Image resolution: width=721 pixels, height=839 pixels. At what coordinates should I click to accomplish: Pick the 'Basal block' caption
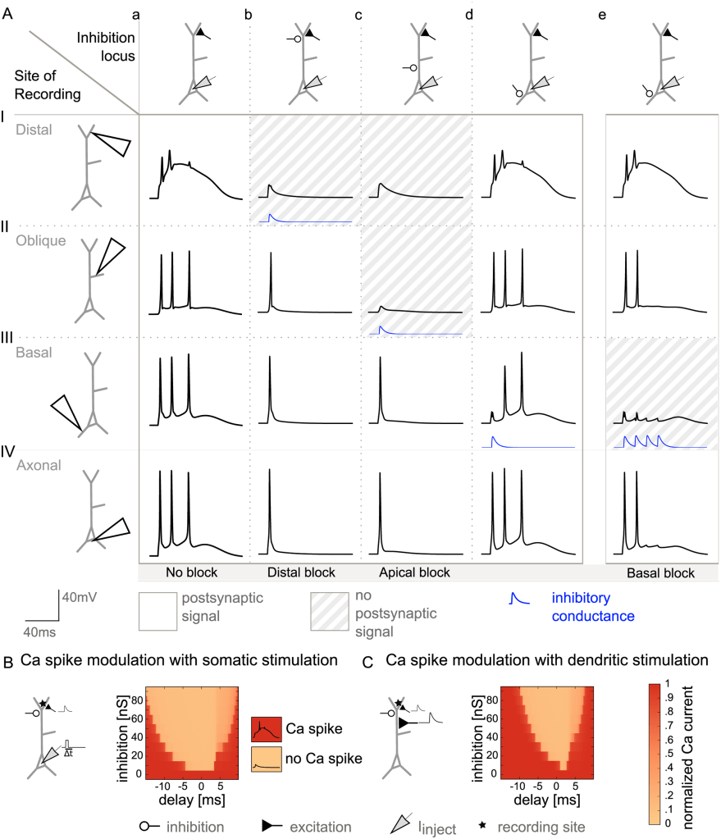[662, 572]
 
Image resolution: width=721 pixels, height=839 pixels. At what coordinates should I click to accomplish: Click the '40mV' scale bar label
[80, 599]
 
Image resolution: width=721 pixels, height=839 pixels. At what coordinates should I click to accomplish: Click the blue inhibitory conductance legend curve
[518, 600]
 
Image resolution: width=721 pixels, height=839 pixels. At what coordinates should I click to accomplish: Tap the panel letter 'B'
[7, 659]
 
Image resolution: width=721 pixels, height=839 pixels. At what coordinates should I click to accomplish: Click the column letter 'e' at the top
[603, 12]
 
